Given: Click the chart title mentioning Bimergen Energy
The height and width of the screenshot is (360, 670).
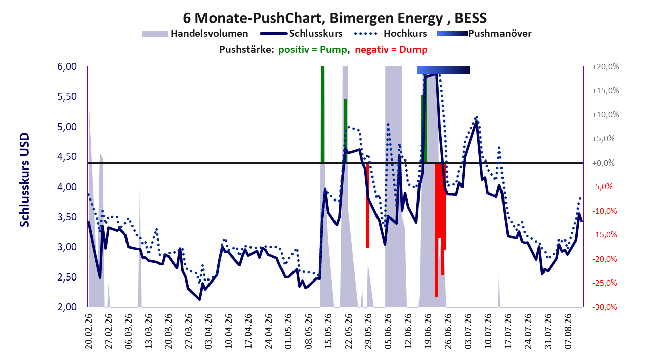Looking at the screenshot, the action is click(x=334, y=18).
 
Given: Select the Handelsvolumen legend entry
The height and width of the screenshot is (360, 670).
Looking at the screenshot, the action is click(x=195, y=33).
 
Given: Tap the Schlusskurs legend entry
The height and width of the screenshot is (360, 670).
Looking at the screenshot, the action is click(x=301, y=33).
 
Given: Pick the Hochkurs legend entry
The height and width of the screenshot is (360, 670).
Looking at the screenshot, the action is click(x=390, y=33).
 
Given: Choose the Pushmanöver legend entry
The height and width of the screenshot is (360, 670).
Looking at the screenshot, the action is click(x=484, y=33).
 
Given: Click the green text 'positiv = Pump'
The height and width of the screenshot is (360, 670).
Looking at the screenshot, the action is click(x=313, y=50).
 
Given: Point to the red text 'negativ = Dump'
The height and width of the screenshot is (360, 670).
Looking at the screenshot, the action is click(x=391, y=50).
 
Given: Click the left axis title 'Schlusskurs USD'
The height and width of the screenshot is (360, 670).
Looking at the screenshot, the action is click(x=24, y=180).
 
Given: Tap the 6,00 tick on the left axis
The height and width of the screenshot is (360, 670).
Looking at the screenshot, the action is click(x=67, y=66).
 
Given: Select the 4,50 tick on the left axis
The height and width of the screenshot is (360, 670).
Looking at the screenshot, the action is click(x=67, y=156).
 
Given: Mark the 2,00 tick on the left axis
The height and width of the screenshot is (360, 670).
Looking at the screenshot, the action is click(x=67, y=307).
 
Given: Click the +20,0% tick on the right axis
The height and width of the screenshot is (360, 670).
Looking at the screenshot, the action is click(x=605, y=66).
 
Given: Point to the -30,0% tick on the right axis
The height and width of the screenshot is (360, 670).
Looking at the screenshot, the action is click(x=605, y=307).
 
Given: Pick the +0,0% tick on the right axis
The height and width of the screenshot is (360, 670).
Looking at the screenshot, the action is click(x=603, y=163).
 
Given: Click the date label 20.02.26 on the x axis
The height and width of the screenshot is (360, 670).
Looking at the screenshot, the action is click(x=89, y=331).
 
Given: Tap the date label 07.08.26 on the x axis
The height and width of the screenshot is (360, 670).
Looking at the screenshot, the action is click(x=568, y=331).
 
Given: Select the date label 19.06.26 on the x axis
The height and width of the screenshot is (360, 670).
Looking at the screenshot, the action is click(x=428, y=331).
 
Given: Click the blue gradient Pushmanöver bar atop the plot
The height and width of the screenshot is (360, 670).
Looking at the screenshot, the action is click(x=443, y=70).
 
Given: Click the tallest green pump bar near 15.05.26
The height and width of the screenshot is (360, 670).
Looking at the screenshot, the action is click(x=322, y=114).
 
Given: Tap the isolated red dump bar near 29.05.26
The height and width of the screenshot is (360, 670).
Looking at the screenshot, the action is click(x=368, y=205).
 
